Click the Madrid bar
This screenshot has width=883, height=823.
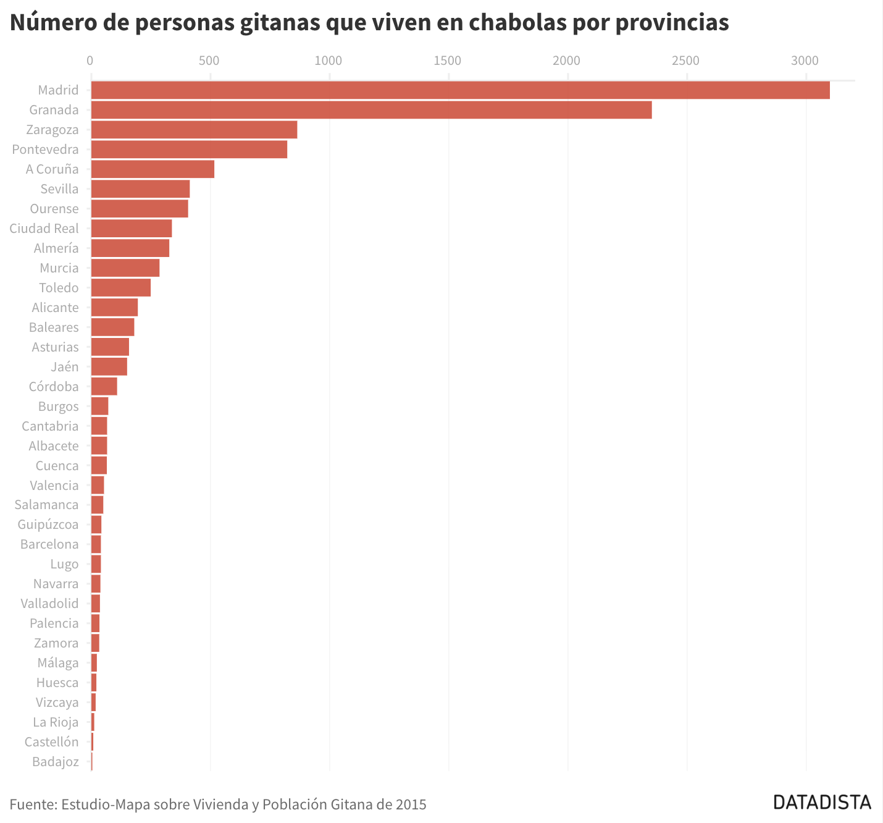(460, 90)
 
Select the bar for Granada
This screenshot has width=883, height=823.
(371, 110)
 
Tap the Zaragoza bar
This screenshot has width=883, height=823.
(194, 130)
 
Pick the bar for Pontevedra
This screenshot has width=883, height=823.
(189, 150)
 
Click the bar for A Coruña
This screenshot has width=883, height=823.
(153, 169)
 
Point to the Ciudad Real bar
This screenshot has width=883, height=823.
(132, 229)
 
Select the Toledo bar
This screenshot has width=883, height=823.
(121, 288)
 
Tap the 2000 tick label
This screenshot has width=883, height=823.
(566, 61)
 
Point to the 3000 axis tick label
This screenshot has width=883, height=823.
(805, 61)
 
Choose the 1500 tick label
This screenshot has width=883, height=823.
(447, 61)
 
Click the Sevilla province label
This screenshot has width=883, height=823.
(59, 189)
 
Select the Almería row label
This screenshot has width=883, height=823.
(56, 248)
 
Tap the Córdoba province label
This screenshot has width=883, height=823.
(54, 387)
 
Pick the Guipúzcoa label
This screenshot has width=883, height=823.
(48, 525)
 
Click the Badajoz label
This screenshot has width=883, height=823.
(56, 762)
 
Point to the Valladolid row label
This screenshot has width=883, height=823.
(49, 604)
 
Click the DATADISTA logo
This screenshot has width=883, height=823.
(822, 802)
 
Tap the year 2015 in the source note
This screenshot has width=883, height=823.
(411, 804)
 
